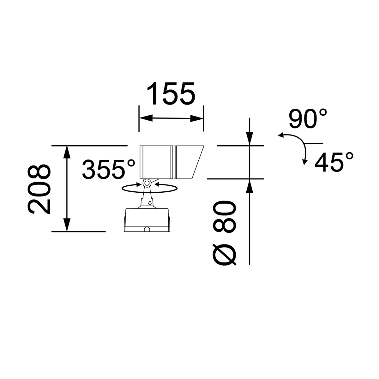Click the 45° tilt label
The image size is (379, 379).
coord(334,162)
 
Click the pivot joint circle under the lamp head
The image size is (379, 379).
coord(147,183)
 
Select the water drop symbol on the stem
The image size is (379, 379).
coord(150,203)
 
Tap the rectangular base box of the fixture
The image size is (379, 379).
coord(147,220)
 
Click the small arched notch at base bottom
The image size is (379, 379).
coord(147,229)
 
